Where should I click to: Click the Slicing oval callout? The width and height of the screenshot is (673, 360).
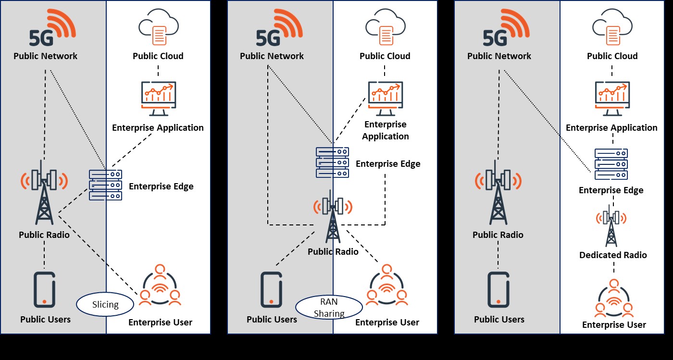[x=105, y=304]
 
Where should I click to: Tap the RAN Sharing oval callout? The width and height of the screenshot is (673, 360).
[x=329, y=308]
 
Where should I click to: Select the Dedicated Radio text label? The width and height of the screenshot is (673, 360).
[x=613, y=255]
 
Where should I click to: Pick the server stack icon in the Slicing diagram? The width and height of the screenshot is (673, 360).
[x=105, y=185]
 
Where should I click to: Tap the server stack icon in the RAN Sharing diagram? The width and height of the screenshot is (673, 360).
[x=332, y=162]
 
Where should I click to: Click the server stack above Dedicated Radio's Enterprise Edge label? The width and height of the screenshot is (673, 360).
[x=611, y=164]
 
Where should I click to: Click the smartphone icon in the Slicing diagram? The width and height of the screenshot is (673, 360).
[x=44, y=290]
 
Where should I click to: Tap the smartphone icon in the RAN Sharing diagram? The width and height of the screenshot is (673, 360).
[x=271, y=290]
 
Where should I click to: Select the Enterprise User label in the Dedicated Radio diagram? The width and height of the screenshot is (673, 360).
[x=614, y=325]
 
